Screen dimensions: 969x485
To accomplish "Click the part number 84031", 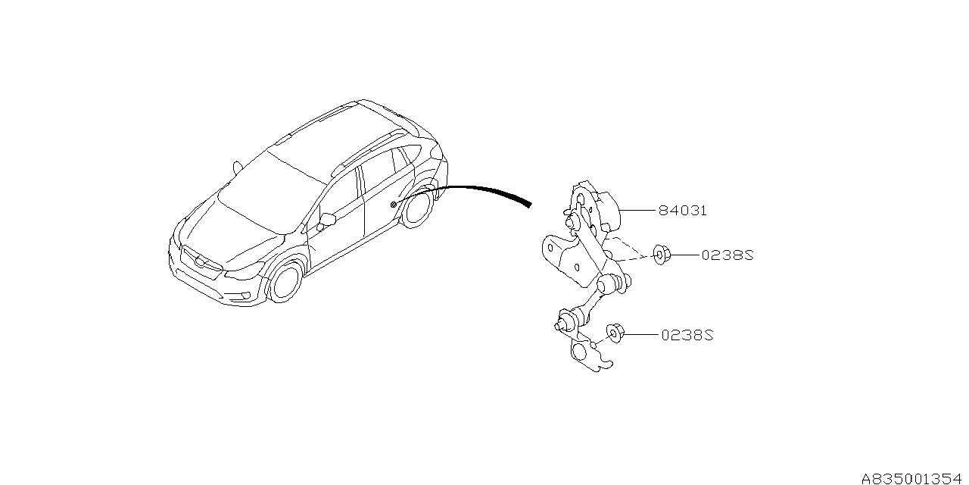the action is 683,211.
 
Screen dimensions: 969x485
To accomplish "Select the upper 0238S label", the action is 728,255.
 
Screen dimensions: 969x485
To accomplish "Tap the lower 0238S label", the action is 687,335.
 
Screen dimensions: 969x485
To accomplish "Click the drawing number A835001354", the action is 914,478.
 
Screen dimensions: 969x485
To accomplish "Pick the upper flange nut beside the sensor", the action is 661,255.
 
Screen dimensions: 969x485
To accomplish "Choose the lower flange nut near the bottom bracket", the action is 615,332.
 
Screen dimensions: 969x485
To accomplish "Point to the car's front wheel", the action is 285,281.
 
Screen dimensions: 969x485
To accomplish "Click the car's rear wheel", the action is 417,208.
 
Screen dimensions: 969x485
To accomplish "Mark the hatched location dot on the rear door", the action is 393,205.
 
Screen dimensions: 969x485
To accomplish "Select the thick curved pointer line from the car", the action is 463,190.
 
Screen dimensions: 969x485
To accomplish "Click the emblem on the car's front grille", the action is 200,261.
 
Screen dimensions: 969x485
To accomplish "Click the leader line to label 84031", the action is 638,211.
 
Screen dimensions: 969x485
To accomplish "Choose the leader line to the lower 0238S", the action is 641,334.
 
